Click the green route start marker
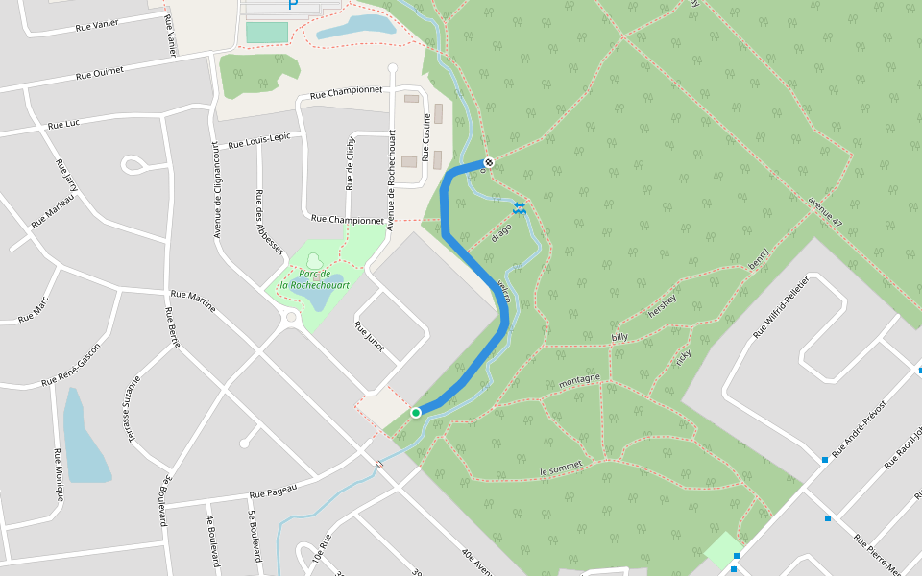pyautogui.click(x=416, y=413)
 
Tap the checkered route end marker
pyautogui.click(x=489, y=162)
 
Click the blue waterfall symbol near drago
pyautogui.click(x=519, y=207)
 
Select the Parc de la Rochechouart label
pyautogui.click(x=314, y=279)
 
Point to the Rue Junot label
pyautogui.click(x=369, y=336)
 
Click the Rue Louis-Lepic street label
pyautogui.click(x=258, y=138)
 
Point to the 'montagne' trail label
pyautogui.click(x=579, y=381)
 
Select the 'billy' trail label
pyautogui.click(x=619, y=338)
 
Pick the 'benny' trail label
pyautogui.click(x=759, y=258)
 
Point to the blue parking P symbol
pyautogui.click(x=293, y=5)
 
